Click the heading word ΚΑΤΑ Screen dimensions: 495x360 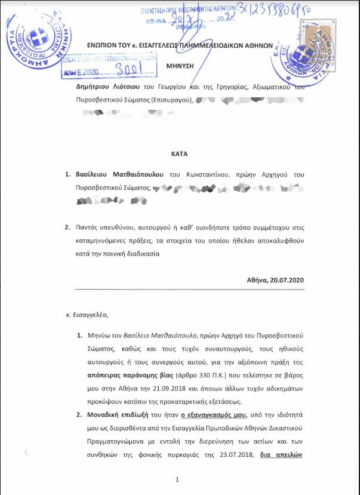tap(179, 153)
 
